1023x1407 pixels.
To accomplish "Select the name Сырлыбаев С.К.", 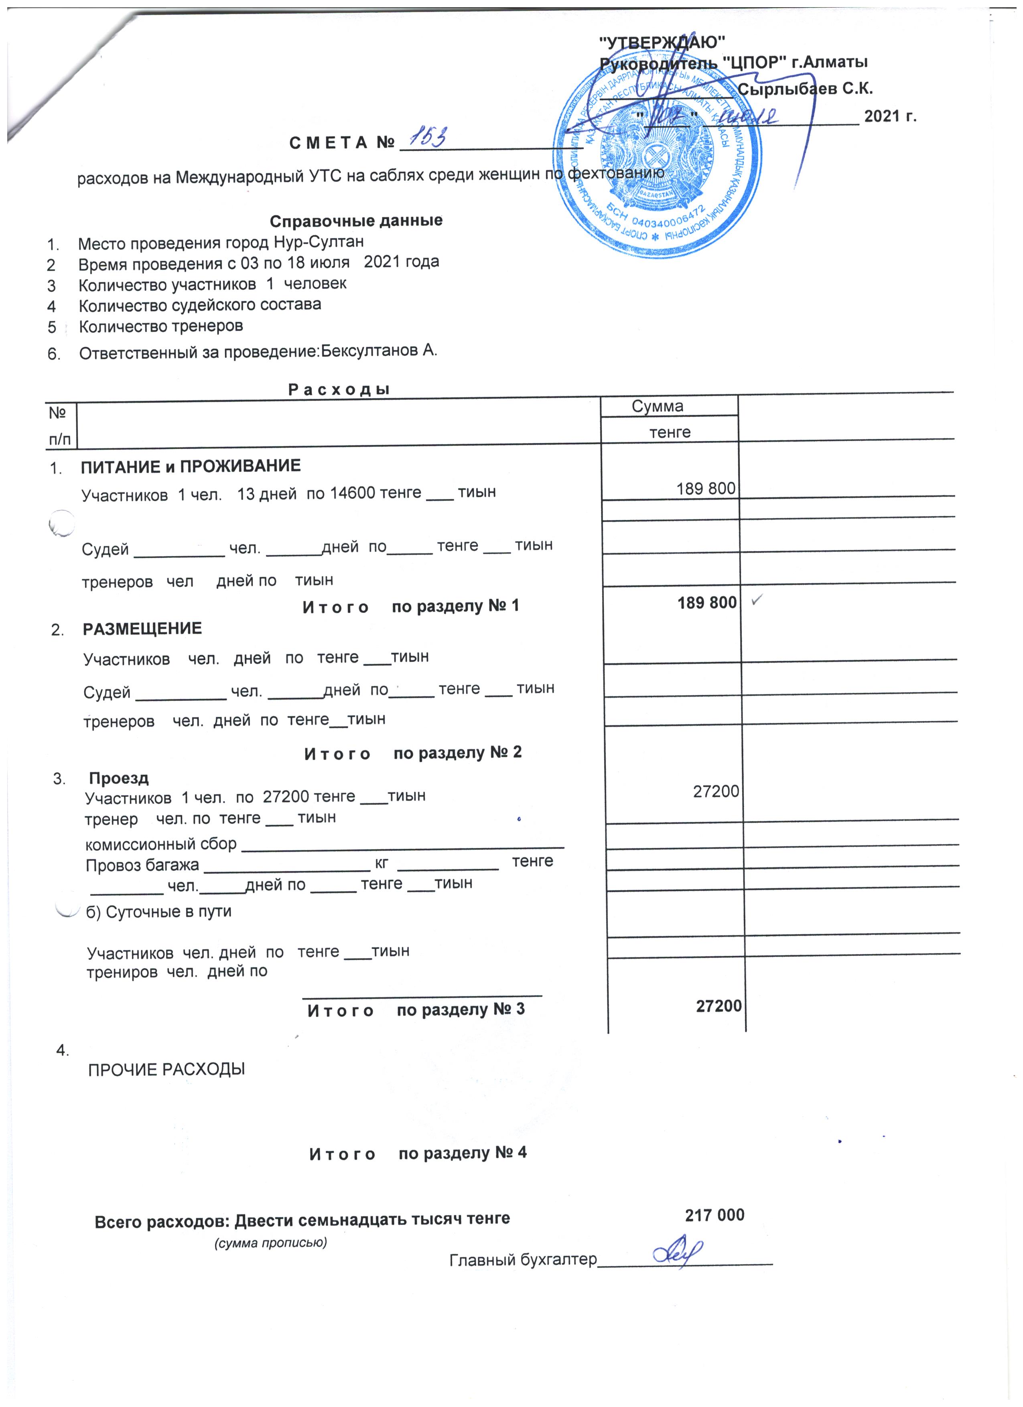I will [805, 89].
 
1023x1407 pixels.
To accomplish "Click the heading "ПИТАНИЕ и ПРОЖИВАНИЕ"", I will [191, 466].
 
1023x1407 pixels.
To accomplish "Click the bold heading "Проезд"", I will [119, 778].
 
